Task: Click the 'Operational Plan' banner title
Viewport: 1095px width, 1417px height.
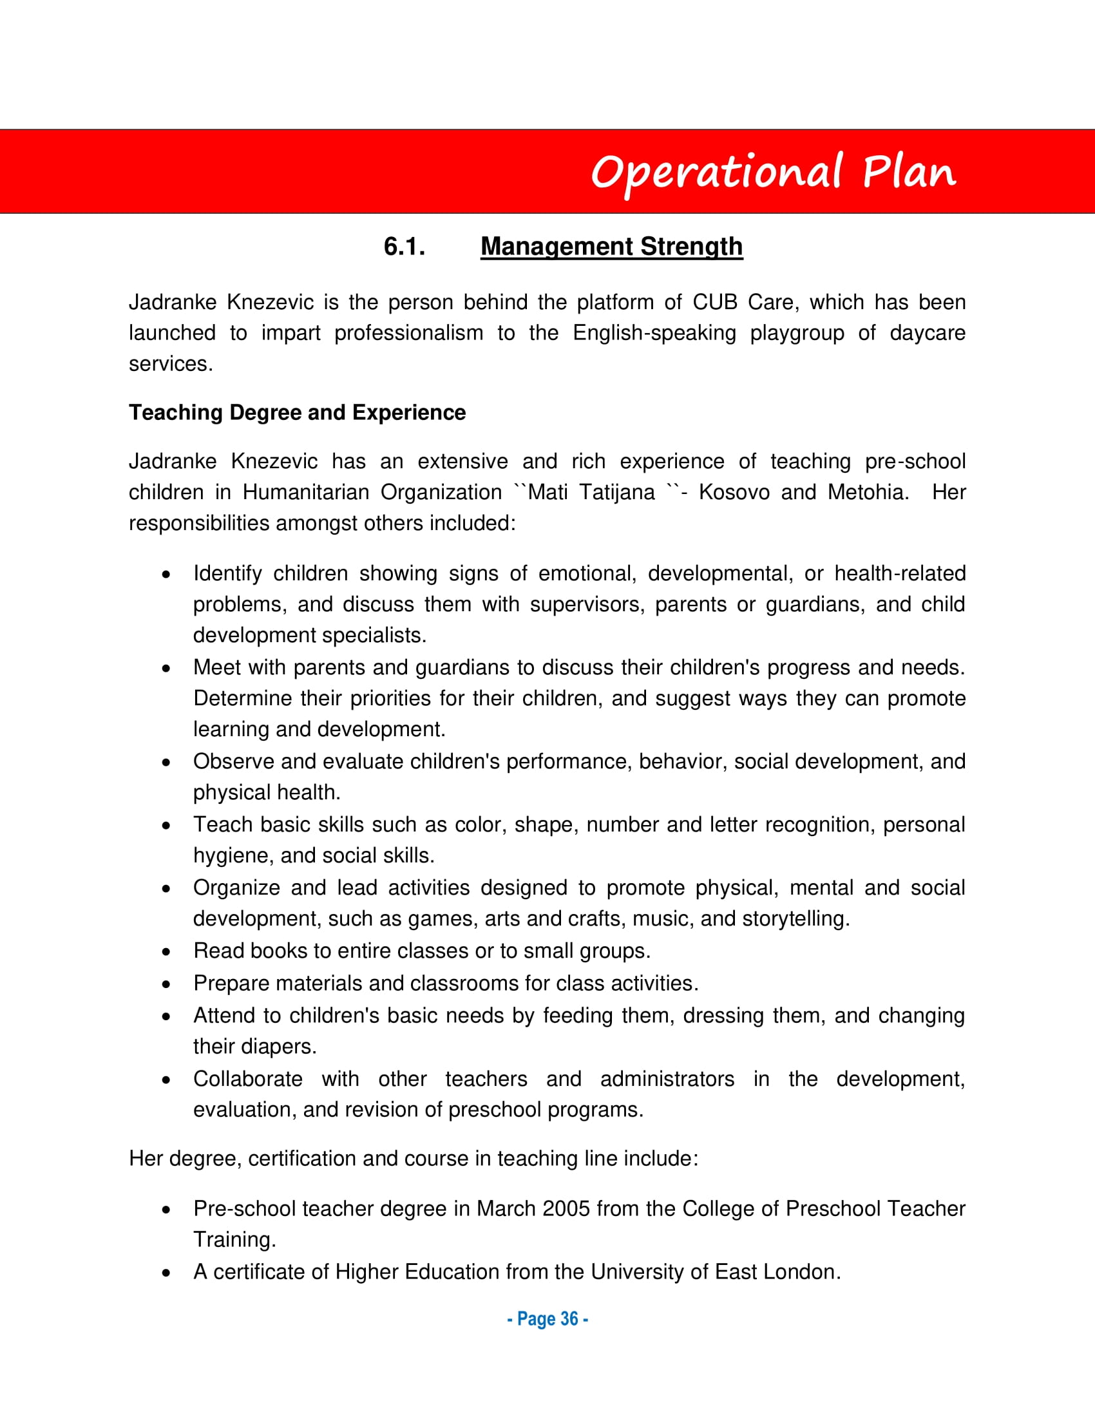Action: pos(772,173)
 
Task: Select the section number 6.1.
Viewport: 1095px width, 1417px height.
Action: pos(404,247)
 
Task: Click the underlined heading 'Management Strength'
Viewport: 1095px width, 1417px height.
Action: pos(611,247)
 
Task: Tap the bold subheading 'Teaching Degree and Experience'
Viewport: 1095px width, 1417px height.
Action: pos(297,413)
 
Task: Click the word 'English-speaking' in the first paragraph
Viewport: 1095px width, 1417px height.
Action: pos(654,333)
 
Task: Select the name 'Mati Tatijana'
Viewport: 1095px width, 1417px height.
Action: pos(591,493)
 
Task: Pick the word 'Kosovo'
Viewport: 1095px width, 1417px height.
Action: pos(734,493)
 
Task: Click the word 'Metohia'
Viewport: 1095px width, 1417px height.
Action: pos(868,493)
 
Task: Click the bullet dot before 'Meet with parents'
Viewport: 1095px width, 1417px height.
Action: pos(167,669)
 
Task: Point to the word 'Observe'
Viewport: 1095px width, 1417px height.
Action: pos(234,762)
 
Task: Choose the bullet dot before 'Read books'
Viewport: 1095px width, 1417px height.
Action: pos(167,952)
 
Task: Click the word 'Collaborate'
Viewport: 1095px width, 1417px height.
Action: pos(248,1079)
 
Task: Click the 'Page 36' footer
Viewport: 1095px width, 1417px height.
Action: pos(547,1319)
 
